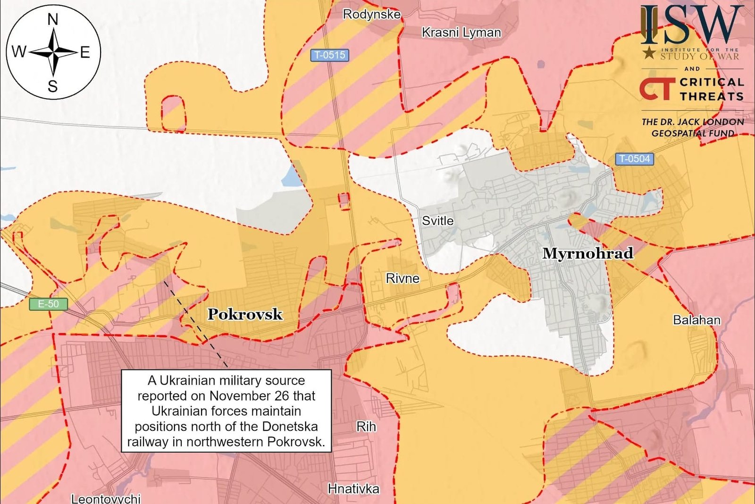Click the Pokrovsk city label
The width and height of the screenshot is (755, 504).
click(245, 314)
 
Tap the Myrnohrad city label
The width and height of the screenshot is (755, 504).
click(587, 253)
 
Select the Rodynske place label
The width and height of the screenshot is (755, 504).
click(371, 14)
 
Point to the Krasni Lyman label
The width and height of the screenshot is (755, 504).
click(461, 33)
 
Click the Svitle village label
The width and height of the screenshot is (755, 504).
click(437, 221)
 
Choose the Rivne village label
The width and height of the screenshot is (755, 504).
click(403, 278)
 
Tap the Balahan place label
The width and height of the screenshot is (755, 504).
click(696, 320)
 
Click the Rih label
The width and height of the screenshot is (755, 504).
click(366, 427)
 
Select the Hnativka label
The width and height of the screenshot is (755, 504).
click(353, 488)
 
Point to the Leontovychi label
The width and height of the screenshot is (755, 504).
click(106, 498)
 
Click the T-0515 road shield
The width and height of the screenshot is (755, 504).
click(330, 55)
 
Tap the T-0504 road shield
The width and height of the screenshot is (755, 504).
click(634, 159)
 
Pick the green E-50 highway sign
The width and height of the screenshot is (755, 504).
click(48, 304)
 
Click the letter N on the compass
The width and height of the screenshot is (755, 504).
click(53, 19)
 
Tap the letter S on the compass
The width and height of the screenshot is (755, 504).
click(53, 86)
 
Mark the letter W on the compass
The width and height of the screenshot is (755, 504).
click(18, 51)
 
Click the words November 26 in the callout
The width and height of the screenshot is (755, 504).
click(245, 396)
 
